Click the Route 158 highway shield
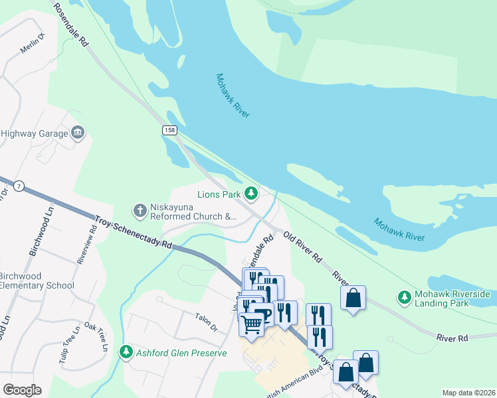(169, 131)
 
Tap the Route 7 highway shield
(21, 188)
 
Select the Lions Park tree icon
(251, 194)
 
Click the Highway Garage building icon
(78, 133)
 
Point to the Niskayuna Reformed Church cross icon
(140, 211)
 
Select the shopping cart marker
(251, 324)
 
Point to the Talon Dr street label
(206, 322)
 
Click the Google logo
(22, 390)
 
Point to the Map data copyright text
(468, 393)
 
